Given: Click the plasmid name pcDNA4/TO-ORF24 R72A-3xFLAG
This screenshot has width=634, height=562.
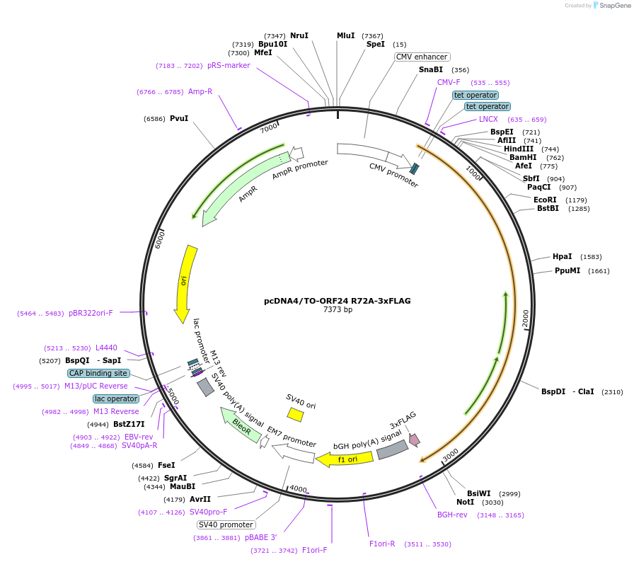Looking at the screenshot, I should pyautogui.click(x=337, y=301).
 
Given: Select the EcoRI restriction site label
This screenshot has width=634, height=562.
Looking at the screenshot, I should pyautogui.click(x=545, y=200).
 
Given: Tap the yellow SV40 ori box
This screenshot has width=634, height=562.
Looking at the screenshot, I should pyautogui.click(x=295, y=414).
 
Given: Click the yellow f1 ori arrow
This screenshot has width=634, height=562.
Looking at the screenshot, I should pyautogui.click(x=335, y=459).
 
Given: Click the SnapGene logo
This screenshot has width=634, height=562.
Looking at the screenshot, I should pyautogui.click(x=611, y=6).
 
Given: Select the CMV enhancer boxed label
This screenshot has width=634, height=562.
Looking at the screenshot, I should pyautogui.click(x=422, y=57).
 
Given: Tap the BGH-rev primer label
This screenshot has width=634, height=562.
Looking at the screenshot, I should pyautogui.click(x=452, y=515).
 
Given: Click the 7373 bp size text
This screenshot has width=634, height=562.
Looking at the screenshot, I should pyautogui.click(x=337, y=310).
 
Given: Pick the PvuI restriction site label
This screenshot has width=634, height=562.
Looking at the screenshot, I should pyautogui.click(x=179, y=118).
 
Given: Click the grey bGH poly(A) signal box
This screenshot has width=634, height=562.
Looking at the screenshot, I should pyautogui.click(x=392, y=449).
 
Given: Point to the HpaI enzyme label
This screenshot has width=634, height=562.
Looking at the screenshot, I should pyautogui.click(x=562, y=256).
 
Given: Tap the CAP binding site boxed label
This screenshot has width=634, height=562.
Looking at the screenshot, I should pyautogui.click(x=98, y=373).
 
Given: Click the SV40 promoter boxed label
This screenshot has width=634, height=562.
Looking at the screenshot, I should pyautogui.click(x=226, y=524).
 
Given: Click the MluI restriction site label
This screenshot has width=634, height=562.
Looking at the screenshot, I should pyautogui.click(x=345, y=35).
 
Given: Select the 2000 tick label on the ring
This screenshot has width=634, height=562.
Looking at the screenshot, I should pyautogui.click(x=525, y=319).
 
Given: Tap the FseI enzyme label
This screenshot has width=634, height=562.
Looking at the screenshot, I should pyautogui.click(x=166, y=465).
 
